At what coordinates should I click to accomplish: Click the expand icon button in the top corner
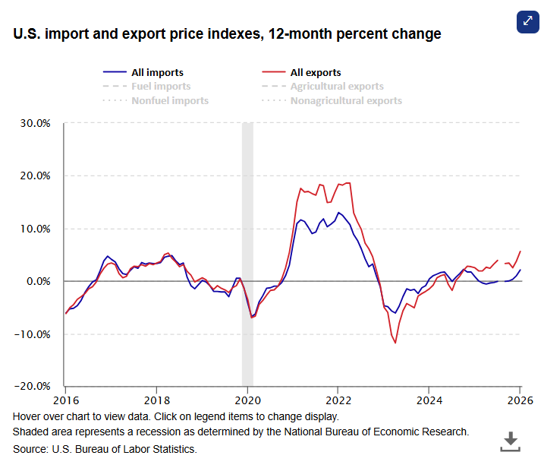pos(527,21)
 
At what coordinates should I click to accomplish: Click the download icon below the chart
pos(511,440)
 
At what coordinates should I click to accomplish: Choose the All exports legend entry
pos(316,73)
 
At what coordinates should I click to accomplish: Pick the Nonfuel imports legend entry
pos(170,100)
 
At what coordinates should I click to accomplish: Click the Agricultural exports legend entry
pos(337,87)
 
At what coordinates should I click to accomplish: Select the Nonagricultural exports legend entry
pos(346,100)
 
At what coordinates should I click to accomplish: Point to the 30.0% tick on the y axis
pos(34,123)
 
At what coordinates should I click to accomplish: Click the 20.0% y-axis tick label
pos(34,175)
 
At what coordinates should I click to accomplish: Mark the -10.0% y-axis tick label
pos(33,334)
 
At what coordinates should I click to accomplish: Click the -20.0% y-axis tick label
pos(33,386)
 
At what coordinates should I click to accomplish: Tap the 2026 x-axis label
pos(520,400)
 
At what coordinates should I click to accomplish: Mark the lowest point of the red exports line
pos(395,343)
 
